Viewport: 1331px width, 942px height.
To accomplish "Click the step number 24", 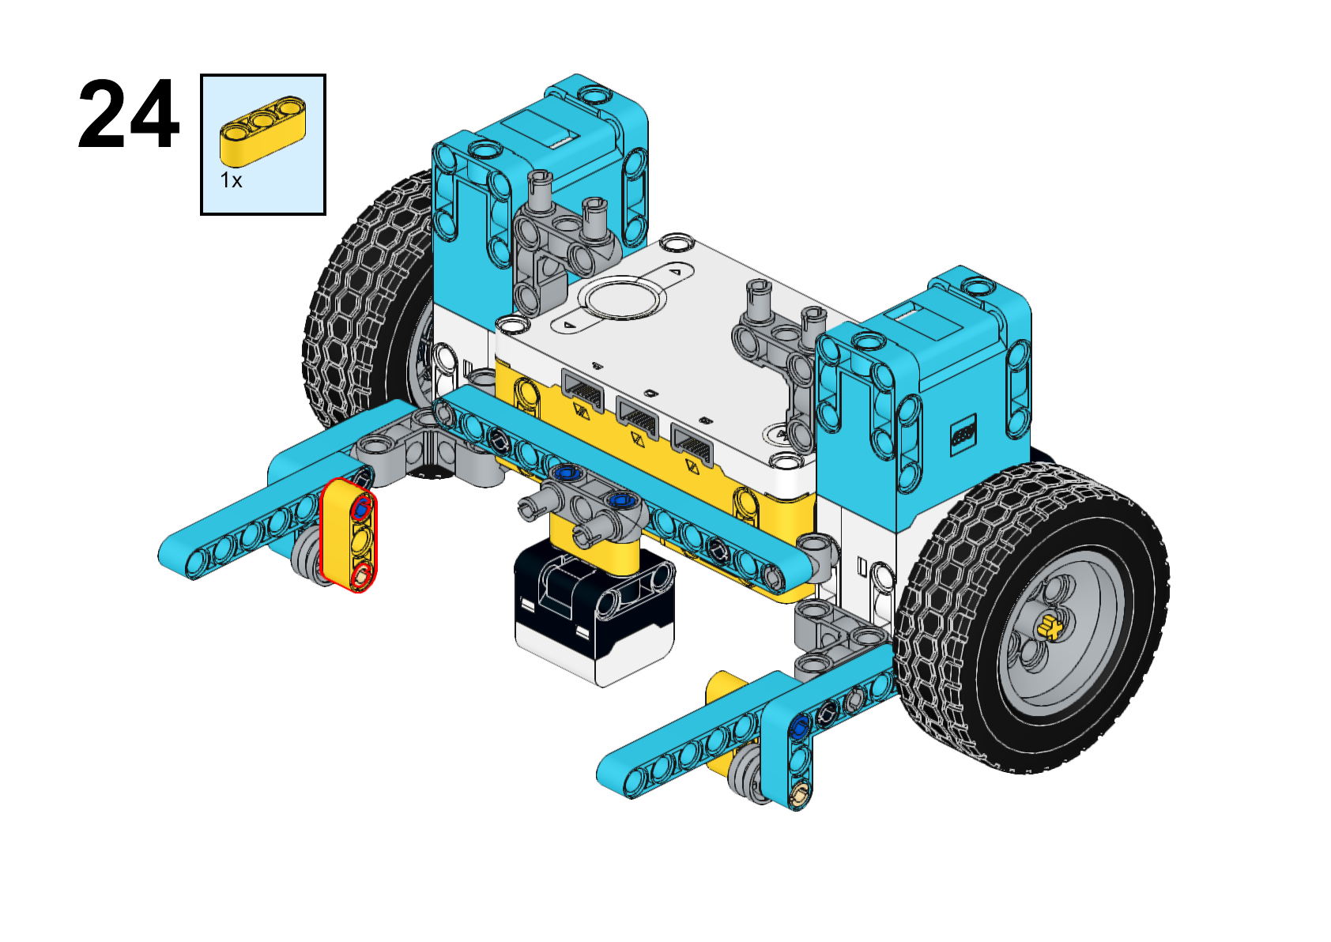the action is tap(128, 114).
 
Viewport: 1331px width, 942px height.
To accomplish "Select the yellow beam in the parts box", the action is tap(262, 130).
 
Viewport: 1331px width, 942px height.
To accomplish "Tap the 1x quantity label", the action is tap(231, 180).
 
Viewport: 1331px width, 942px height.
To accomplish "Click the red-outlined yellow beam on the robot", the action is tap(349, 535).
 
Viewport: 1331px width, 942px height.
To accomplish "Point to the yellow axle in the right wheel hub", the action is tap(1050, 627).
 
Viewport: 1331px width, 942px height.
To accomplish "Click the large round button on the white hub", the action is tap(622, 298).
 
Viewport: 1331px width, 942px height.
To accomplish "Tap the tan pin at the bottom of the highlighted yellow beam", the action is tap(360, 575).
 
